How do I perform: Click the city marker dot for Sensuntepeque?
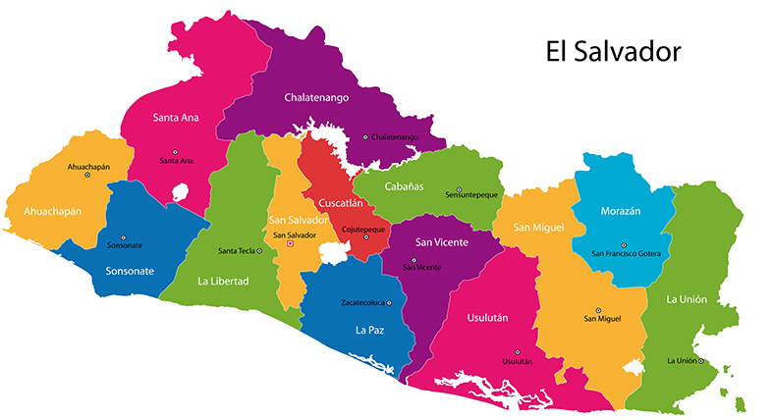click(x=459, y=189)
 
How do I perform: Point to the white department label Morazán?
click(x=620, y=211)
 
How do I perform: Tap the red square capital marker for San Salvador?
click(x=289, y=244)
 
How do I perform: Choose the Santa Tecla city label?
click(x=237, y=250)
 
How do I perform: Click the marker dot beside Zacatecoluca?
click(x=389, y=302)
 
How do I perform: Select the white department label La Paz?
click(x=369, y=331)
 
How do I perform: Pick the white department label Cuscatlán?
click(x=341, y=203)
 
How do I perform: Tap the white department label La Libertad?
click(x=223, y=281)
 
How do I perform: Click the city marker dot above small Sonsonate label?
click(x=124, y=237)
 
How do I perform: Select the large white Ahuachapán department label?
click(x=45, y=211)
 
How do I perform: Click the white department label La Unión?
click(x=687, y=299)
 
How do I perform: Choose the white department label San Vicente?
click(x=441, y=242)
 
